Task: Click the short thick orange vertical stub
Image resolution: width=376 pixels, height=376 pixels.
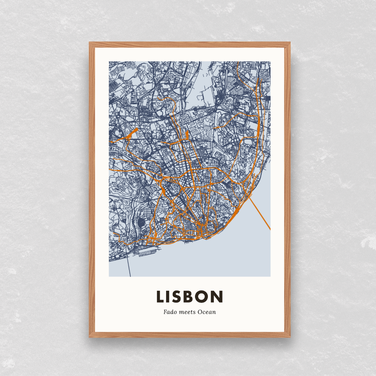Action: coord(187,134)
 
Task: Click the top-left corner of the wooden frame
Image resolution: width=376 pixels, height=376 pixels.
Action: coord(90,43)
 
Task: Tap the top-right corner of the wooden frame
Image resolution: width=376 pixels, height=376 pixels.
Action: coord(290,43)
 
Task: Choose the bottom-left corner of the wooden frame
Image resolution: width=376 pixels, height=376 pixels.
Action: coord(90,337)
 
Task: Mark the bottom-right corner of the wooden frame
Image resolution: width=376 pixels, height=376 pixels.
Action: coord(290,337)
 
